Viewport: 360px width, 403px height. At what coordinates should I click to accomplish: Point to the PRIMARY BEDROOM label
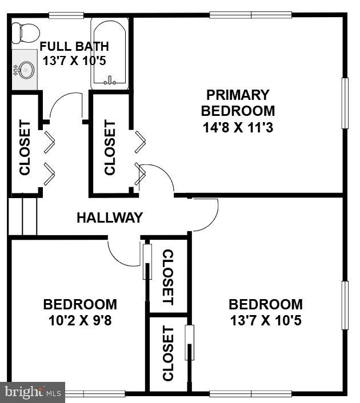pos(237,103)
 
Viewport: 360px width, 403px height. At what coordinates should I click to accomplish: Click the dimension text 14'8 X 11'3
pos(237,127)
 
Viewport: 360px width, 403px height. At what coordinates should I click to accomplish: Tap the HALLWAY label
pos(109,217)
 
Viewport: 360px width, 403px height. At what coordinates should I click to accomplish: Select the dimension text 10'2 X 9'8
pos(80,321)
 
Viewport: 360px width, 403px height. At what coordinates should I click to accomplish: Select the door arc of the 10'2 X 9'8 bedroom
pos(121,255)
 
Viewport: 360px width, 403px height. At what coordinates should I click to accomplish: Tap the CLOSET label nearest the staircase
pos(25,147)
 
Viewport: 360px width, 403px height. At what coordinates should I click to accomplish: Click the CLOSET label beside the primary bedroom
pos(110,147)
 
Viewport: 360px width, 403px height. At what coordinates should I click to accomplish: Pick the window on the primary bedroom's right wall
pos(345,103)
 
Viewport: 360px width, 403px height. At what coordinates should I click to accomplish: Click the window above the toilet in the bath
pos(66,15)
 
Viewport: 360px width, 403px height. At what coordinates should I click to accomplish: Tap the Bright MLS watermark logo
pos(33,392)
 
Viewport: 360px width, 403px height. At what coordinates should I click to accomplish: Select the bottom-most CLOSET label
pos(167,353)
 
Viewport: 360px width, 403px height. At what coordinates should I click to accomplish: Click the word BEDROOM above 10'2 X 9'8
pos(80,305)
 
